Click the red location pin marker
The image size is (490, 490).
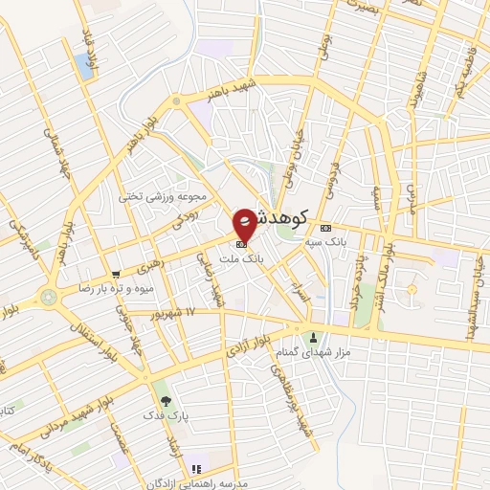(245, 223)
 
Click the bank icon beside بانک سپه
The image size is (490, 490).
(325, 228)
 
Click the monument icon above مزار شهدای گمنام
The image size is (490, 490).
(314, 336)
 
